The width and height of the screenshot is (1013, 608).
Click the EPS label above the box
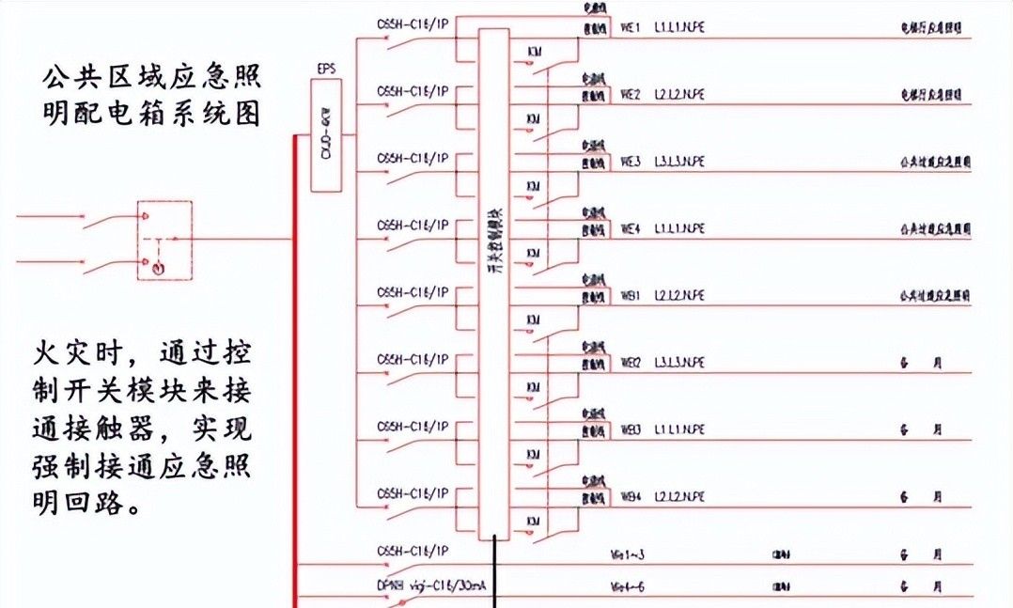[x=324, y=70]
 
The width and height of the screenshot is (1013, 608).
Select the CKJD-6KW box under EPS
[x=326, y=135]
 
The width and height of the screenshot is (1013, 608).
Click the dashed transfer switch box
[x=164, y=240]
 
